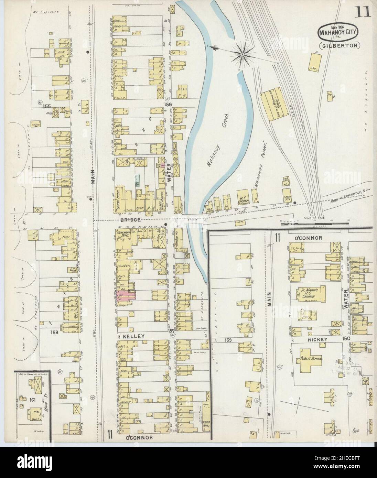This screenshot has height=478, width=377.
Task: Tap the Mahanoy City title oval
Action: [337, 33]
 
